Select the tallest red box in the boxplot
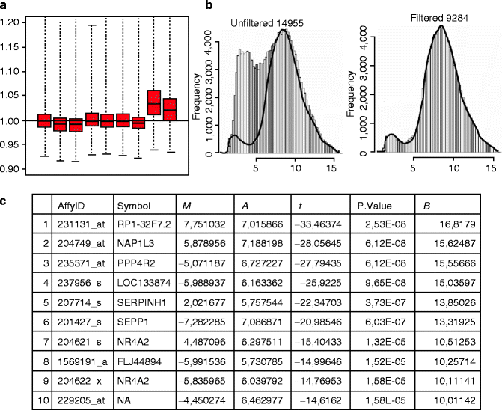tap(154, 102)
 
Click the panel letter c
tap(4, 202)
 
